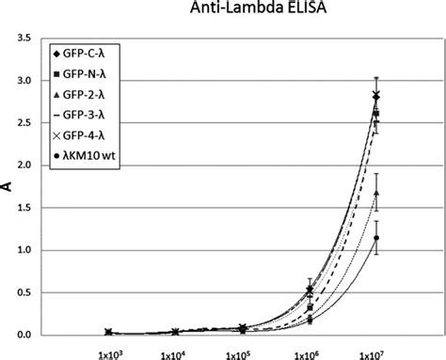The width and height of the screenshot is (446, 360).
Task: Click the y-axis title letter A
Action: (x=10, y=186)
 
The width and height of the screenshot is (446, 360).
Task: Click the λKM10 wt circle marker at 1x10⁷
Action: (x=376, y=238)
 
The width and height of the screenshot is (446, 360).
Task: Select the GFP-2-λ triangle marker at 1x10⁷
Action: (x=376, y=193)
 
